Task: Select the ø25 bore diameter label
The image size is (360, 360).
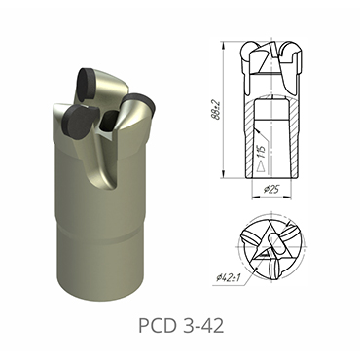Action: (x=274, y=190)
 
